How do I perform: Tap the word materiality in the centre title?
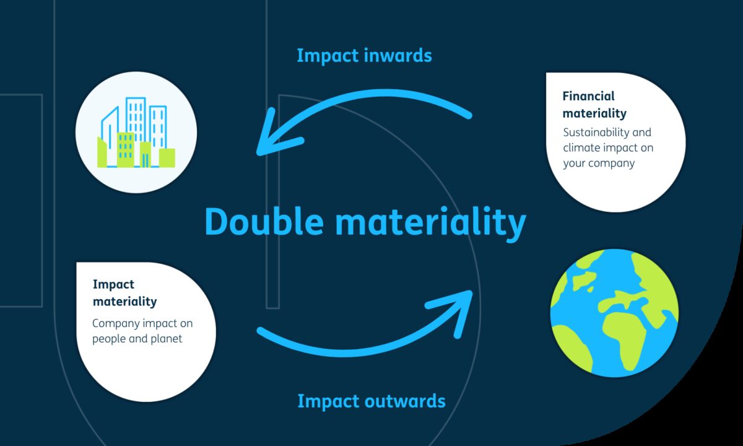[430, 222]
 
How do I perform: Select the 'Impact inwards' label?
[364, 55]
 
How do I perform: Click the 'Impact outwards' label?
[371, 401]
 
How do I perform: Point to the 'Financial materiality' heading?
[594, 105]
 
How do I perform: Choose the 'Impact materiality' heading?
[124, 293]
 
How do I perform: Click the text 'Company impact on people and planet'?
[142, 331]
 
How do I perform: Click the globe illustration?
[614, 313]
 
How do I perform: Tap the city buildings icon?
[136, 133]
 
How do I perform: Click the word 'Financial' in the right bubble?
[588, 96]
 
